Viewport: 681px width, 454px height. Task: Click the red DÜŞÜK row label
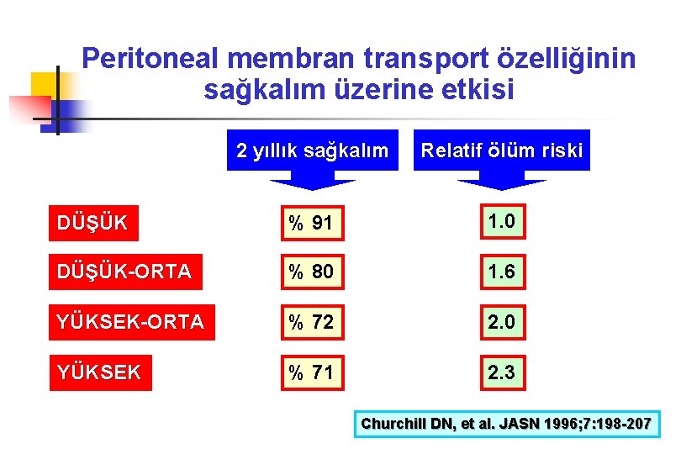tap(92, 223)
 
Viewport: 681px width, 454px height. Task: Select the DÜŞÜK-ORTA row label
tap(124, 272)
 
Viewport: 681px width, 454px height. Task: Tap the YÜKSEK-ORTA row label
tap(130, 322)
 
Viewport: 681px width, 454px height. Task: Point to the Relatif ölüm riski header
tap(502, 150)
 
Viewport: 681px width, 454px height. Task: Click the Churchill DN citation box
tap(506, 424)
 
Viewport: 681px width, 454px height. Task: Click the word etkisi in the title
tap(472, 89)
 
